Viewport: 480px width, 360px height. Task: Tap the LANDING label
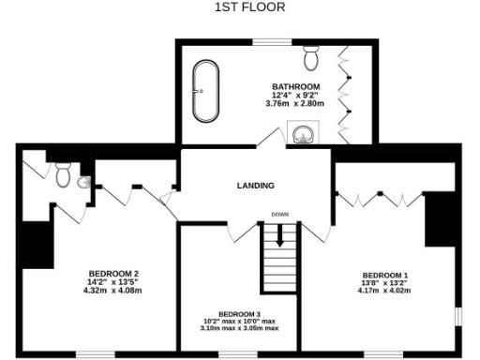pyautogui.click(x=255, y=186)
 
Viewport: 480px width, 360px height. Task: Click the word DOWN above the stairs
pyautogui.click(x=279, y=214)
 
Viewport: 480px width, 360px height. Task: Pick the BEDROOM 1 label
pyautogui.click(x=388, y=276)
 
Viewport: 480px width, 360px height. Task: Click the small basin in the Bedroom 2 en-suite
pyautogui.click(x=84, y=183)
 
